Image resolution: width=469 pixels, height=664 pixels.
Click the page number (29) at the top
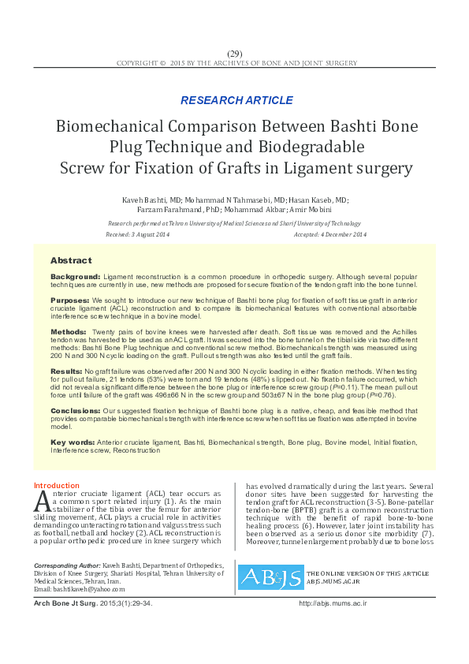click(235, 53)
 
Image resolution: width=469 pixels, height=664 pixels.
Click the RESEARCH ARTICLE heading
click(234, 100)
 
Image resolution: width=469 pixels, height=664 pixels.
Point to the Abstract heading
click(71, 260)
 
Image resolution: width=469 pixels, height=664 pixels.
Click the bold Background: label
click(76, 278)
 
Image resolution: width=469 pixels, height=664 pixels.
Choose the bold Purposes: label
click(70, 301)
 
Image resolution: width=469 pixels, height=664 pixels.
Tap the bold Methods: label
click(69, 331)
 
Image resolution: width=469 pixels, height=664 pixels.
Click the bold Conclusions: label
click(75, 410)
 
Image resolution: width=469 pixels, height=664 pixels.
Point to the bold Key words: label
click(72, 441)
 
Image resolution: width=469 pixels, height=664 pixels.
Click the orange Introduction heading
click(56, 485)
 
